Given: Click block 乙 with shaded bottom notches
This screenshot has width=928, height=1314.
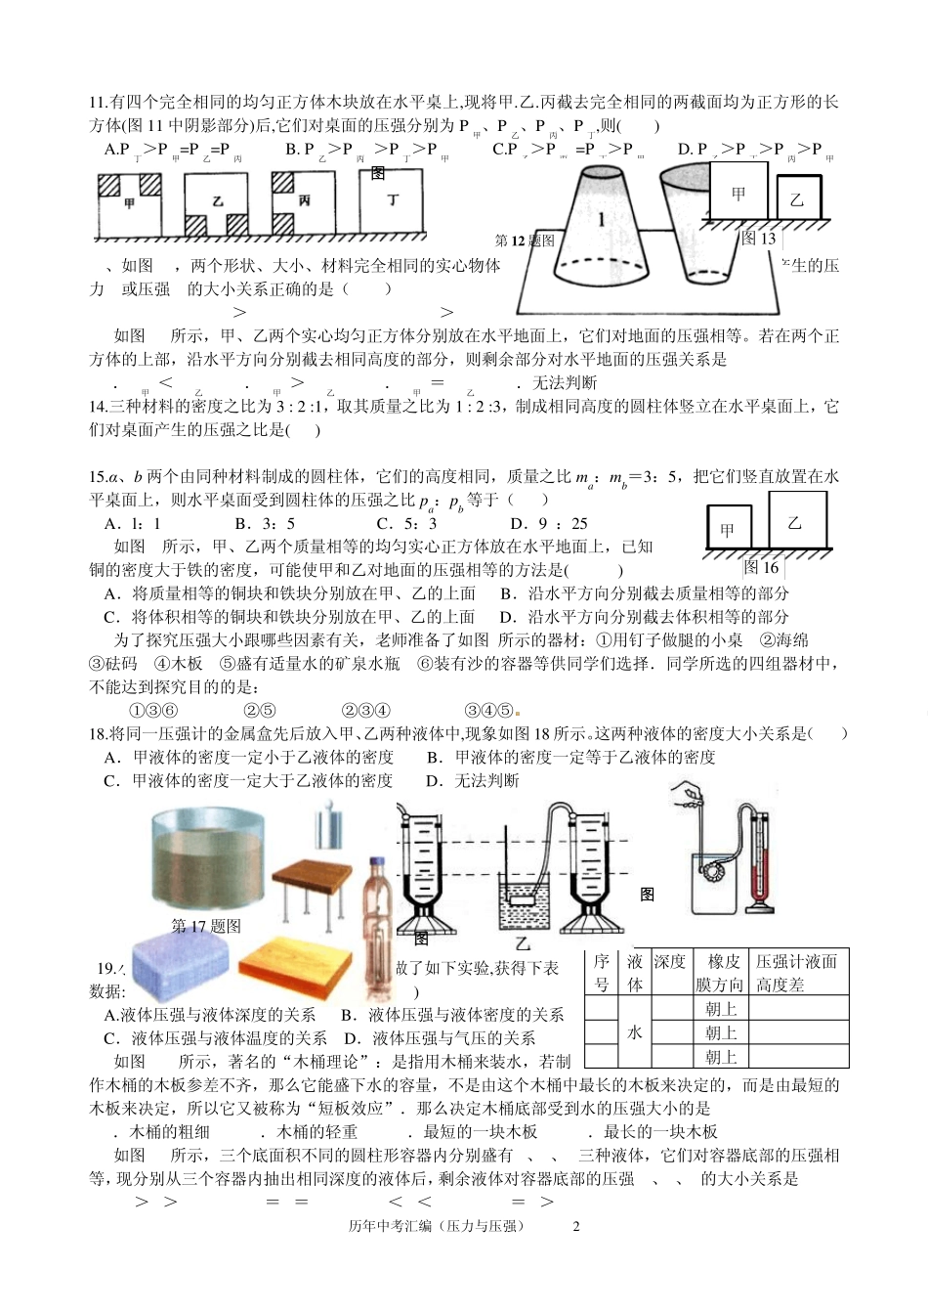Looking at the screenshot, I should (x=218, y=205).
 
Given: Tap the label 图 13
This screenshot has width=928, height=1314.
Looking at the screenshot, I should (x=759, y=238).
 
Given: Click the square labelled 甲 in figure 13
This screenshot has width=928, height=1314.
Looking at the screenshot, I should (x=739, y=193).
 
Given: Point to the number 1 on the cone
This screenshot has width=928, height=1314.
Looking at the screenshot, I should (x=601, y=219).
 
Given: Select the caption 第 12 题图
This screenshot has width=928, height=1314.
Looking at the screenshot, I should (x=526, y=241).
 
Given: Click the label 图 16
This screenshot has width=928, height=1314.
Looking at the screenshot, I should (x=761, y=567).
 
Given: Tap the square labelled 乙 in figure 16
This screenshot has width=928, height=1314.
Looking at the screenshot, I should (x=796, y=523).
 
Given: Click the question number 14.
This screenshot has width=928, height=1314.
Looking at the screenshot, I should (x=97, y=407).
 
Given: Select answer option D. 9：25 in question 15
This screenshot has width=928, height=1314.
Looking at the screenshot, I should (x=550, y=523).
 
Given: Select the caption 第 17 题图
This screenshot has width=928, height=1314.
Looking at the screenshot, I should (x=206, y=926).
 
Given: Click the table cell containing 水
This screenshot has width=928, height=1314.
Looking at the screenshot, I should (x=635, y=1032).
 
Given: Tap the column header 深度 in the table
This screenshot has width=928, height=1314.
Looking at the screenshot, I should (x=670, y=961).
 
